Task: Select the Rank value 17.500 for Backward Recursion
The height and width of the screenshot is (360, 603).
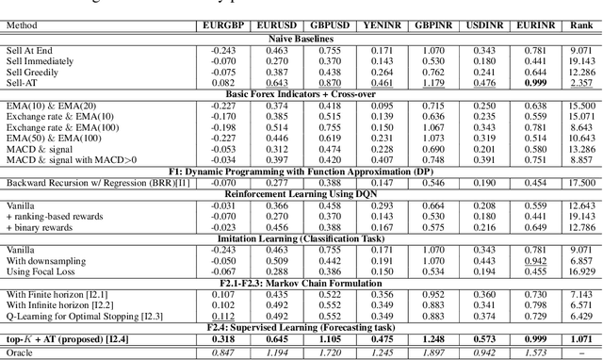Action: (x=581, y=182)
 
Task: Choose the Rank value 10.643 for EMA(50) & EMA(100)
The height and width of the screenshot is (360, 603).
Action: (x=581, y=136)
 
